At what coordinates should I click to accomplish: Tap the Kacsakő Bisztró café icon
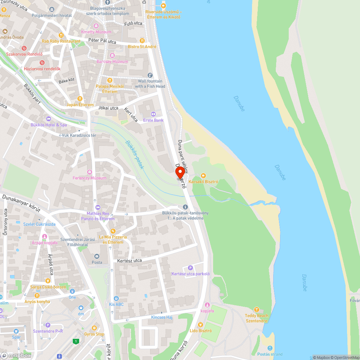pyautogui.click(x=203, y=176)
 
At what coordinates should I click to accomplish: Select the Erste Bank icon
pyautogui.click(x=153, y=114)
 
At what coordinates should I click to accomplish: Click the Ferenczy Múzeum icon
pyautogui.click(x=89, y=172)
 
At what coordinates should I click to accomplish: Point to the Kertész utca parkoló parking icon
pyautogui.click(x=190, y=267)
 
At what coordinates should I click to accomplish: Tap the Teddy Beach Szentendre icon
pyautogui.click(x=256, y=309)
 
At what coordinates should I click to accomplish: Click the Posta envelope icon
pyautogui.click(x=96, y=256)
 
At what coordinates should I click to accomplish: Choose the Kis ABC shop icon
pyautogui.click(x=116, y=298)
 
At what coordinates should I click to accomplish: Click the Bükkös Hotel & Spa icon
pyautogui.click(x=49, y=119)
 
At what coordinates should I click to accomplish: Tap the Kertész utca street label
pyautogui.click(x=130, y=261)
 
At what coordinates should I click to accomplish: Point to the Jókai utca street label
pyautogui.click(x=108, y=108)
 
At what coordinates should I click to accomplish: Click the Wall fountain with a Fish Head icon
pyautogui.click(x=150, y=75)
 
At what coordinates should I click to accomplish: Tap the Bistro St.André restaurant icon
pyautogui.click(x=142, y=41)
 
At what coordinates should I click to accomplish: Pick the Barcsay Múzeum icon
pyautogui.click(x=112, y=55)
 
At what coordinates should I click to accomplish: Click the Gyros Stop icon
pyautogui.click(x=94, y=328)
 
